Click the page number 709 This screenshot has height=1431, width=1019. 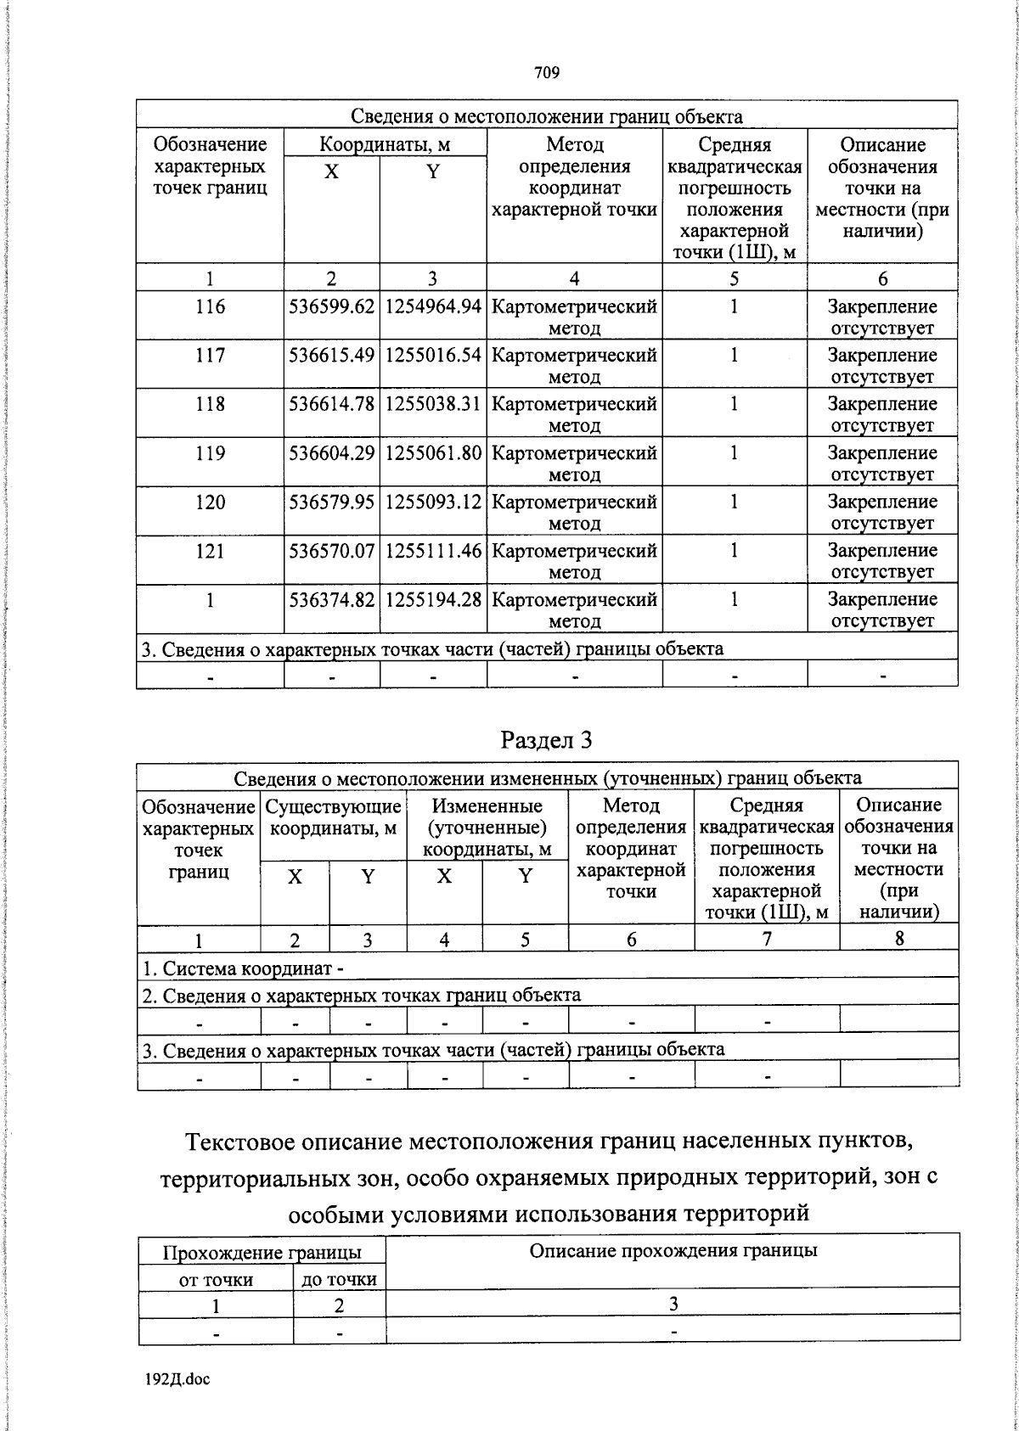tap(547, 73)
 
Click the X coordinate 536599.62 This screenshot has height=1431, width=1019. tap(332, 307)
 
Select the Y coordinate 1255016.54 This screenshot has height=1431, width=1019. tap(433, 356)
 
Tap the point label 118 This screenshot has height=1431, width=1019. tap(209, 404)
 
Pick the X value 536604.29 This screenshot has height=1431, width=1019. tap(332, 453)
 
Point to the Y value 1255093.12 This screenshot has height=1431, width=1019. tap(433, 502)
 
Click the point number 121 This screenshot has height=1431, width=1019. tap(209, 551)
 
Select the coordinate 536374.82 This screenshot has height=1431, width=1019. tap(332, 599)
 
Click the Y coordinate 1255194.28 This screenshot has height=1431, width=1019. tap(433, 599)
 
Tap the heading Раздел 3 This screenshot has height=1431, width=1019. tap(547, 740)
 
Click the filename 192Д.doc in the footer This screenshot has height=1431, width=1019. tap(177, 1379)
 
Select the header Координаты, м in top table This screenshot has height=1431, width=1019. tap(385, 144)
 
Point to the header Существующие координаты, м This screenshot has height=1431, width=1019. tap(333, 817)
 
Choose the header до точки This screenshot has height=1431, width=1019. tap(339, 1279)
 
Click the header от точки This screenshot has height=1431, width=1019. tap(216, 1279)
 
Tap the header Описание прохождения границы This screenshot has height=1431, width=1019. tap(673, 1250)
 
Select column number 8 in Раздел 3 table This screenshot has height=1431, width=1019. tap(898, 938)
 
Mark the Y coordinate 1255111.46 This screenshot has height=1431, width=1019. tap(433, 551)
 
